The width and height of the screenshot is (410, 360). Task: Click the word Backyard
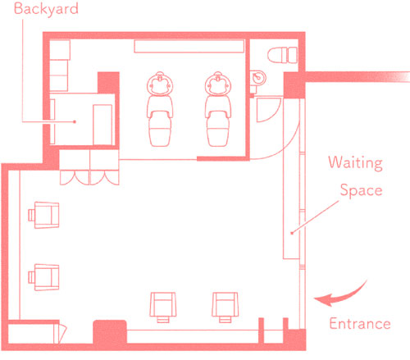[x=46, y=9]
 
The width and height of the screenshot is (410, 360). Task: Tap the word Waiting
[x=355, y=163]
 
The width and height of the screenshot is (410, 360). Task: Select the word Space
[x=361, y=190]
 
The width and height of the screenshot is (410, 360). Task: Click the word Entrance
[x=360, y=324]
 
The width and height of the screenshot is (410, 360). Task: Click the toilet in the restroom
[x=282, y=55]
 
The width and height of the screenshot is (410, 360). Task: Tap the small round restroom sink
[x=257, y=78]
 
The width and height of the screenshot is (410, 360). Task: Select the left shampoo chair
[x=160, y=109]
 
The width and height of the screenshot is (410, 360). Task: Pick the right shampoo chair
[x=218, y=109]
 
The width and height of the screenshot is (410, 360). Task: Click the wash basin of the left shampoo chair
[x=160, y=84]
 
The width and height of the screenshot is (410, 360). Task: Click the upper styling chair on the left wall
[x=43, y=215]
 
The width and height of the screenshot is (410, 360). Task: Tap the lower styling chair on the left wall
[x=43, y=277]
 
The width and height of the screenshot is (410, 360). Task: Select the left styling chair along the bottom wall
[x=163, y=308]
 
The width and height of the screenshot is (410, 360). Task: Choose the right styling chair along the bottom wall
[x=225, y=308]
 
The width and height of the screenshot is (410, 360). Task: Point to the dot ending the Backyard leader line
[x=75, y=121]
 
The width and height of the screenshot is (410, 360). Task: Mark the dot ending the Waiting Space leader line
[x=292, y=233]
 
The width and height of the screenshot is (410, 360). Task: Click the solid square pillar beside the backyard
[x=108, y=83]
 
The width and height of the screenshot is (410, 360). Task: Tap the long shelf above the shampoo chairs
[x=189, y=46]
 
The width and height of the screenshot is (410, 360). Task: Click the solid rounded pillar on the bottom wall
[x=110, y=332]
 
